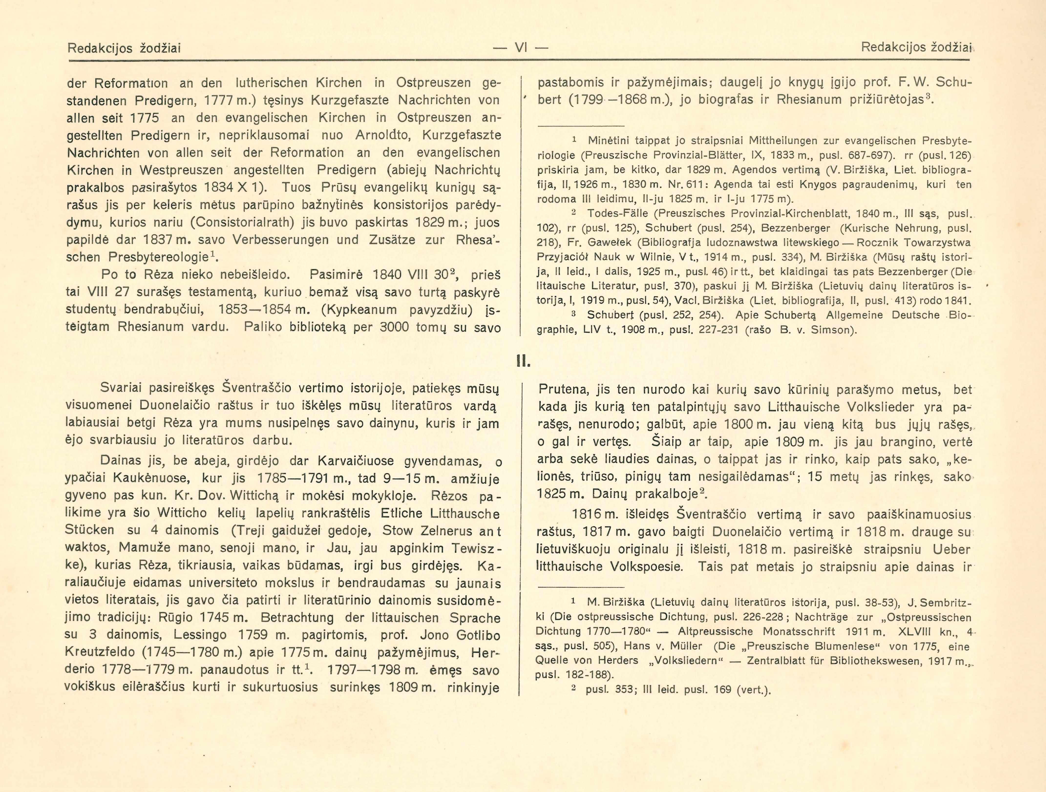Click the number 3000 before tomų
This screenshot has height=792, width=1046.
point(395,327)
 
